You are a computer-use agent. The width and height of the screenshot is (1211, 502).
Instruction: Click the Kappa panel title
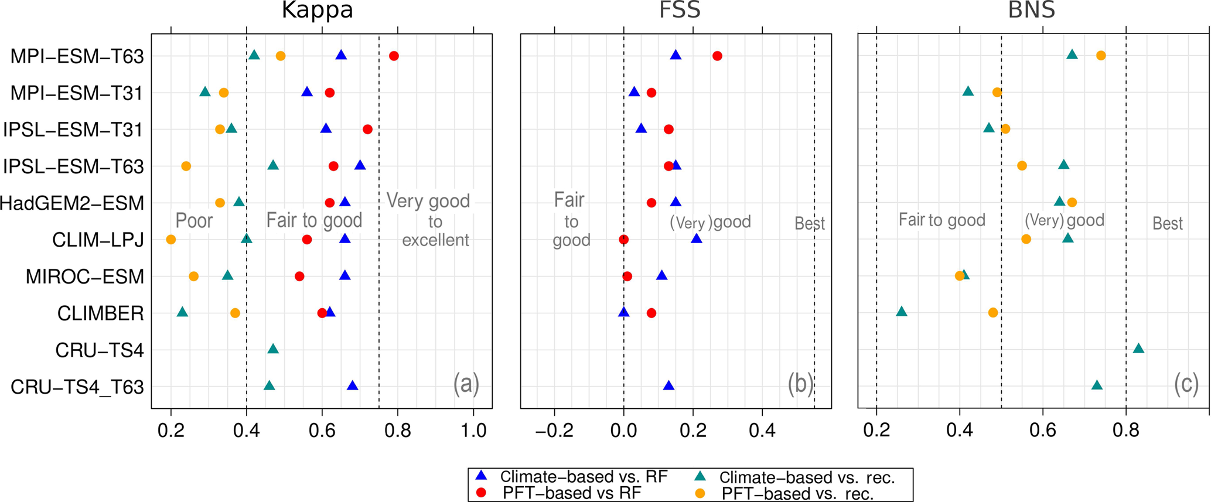coord(317,11)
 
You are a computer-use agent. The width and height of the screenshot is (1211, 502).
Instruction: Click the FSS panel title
coord(680,11)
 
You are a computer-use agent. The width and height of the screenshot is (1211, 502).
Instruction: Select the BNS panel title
coord(1031,11)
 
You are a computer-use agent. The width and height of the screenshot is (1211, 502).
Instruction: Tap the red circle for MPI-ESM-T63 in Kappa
coord(394,56)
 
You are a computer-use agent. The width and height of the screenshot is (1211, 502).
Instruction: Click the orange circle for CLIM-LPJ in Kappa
coord(171,240)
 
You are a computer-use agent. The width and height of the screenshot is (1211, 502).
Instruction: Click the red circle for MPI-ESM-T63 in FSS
coord(717,56)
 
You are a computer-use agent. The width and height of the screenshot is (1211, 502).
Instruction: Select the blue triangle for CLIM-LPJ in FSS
coord(696,239)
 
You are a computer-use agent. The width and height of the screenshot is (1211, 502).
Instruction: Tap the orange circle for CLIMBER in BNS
coord(993,313)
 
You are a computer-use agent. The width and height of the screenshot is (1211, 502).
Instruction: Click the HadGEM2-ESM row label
coord(72,203)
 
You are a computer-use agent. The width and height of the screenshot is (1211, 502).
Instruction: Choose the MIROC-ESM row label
coord(85,276)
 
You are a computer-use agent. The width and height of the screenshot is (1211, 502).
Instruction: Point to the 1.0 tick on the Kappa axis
coord(473,431)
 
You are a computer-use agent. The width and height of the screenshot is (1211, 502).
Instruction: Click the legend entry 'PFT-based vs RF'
coord(571,493)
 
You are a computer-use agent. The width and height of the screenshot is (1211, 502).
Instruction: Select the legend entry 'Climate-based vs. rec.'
coord(807,477)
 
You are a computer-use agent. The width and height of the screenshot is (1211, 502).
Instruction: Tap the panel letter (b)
coord(800,384)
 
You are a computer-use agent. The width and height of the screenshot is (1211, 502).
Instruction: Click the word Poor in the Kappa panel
coord(194,221)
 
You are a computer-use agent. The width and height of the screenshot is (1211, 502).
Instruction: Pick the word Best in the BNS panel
coord(1167,224)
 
